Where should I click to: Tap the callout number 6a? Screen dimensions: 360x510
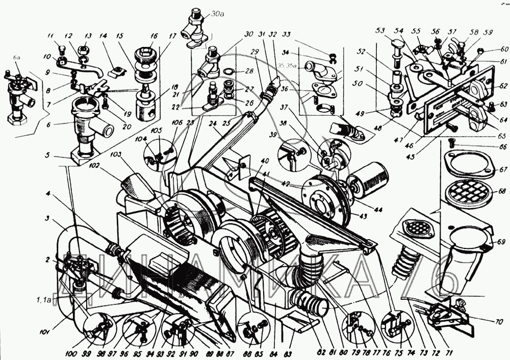[x=17, y=59]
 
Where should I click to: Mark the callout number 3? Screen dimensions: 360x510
[x=47, y=219]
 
